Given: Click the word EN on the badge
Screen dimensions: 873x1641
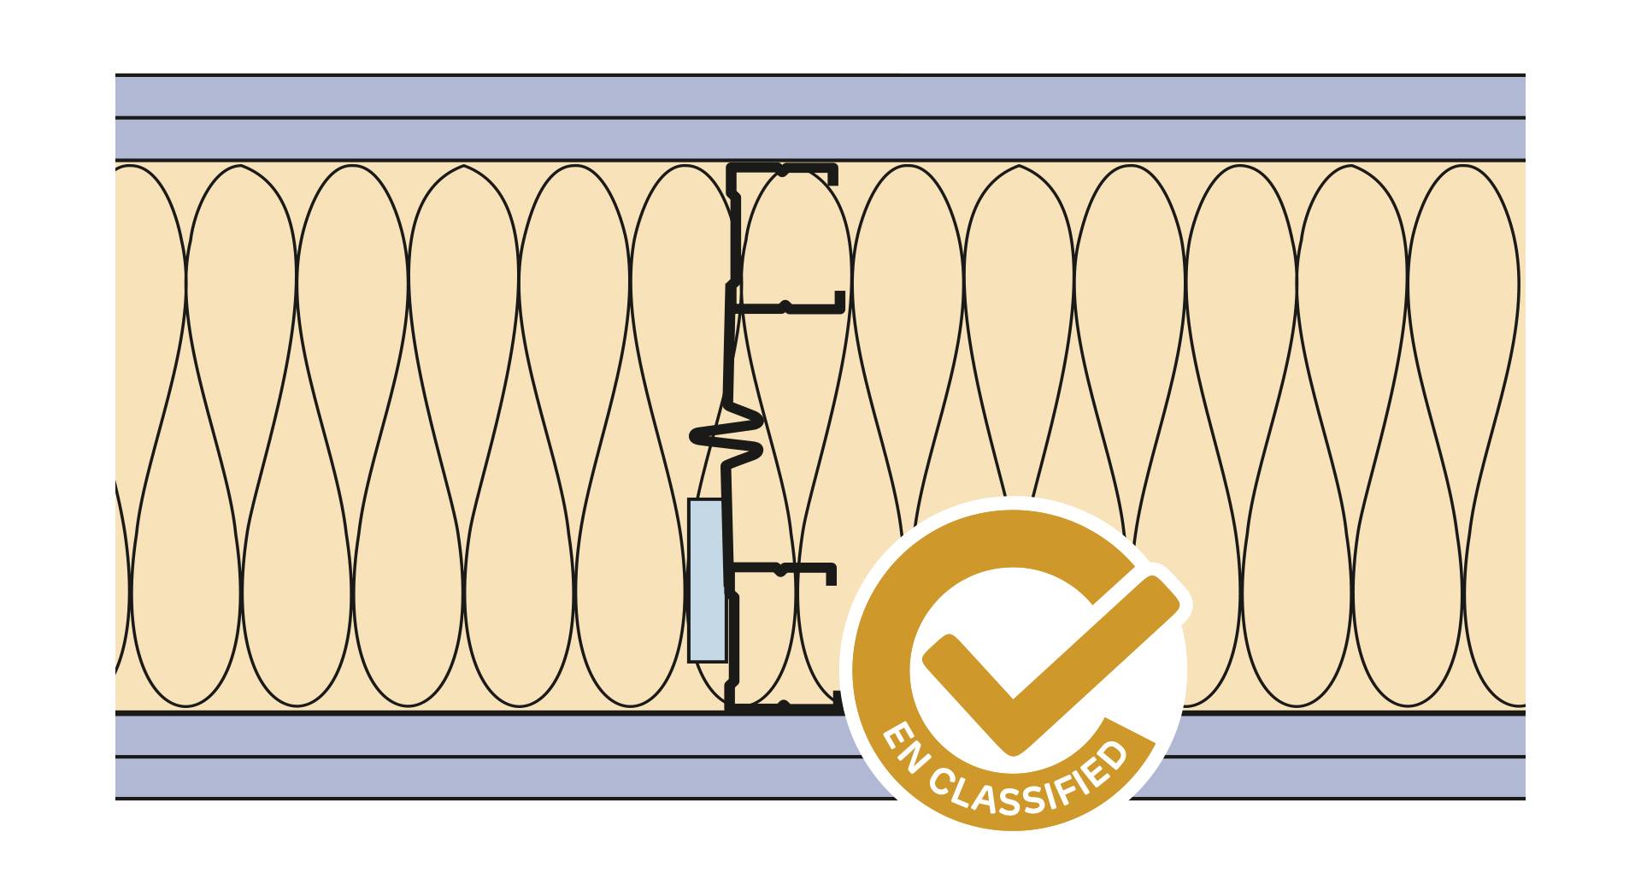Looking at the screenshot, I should click(905, 751).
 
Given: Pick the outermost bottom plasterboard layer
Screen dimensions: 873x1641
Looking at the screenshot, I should click(513, 778).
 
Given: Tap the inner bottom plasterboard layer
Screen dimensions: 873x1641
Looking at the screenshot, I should click(513, 734).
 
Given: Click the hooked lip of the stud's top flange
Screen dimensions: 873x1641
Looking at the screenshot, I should click(832, 175).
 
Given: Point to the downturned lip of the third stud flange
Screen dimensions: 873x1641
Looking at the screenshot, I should click(829, 574).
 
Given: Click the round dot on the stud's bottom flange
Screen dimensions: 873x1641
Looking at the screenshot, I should click(781, 705).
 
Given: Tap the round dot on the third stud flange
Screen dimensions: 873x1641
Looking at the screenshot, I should click(779, 569).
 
